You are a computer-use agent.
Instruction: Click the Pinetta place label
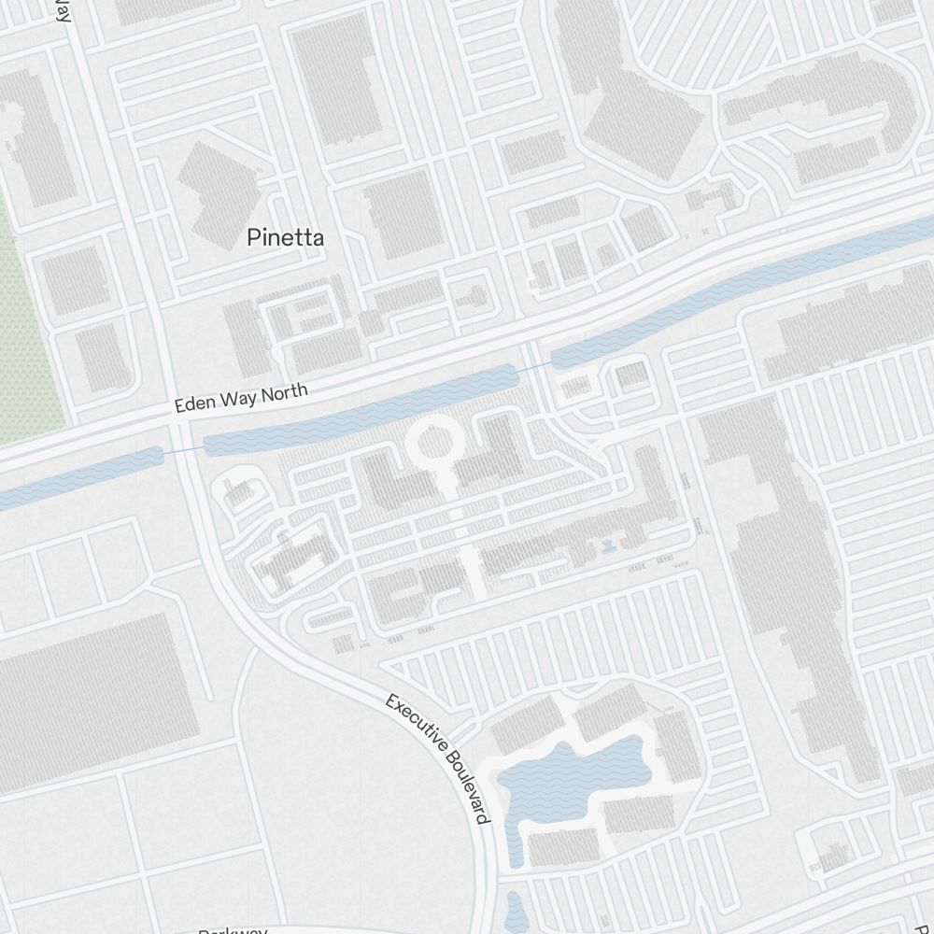click(x=286, y=238)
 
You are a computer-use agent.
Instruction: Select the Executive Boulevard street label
click(x=438, y=757)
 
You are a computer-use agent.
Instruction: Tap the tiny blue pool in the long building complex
click(x=609, y=545)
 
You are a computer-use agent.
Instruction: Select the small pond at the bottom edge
click(x=517, y=910)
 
